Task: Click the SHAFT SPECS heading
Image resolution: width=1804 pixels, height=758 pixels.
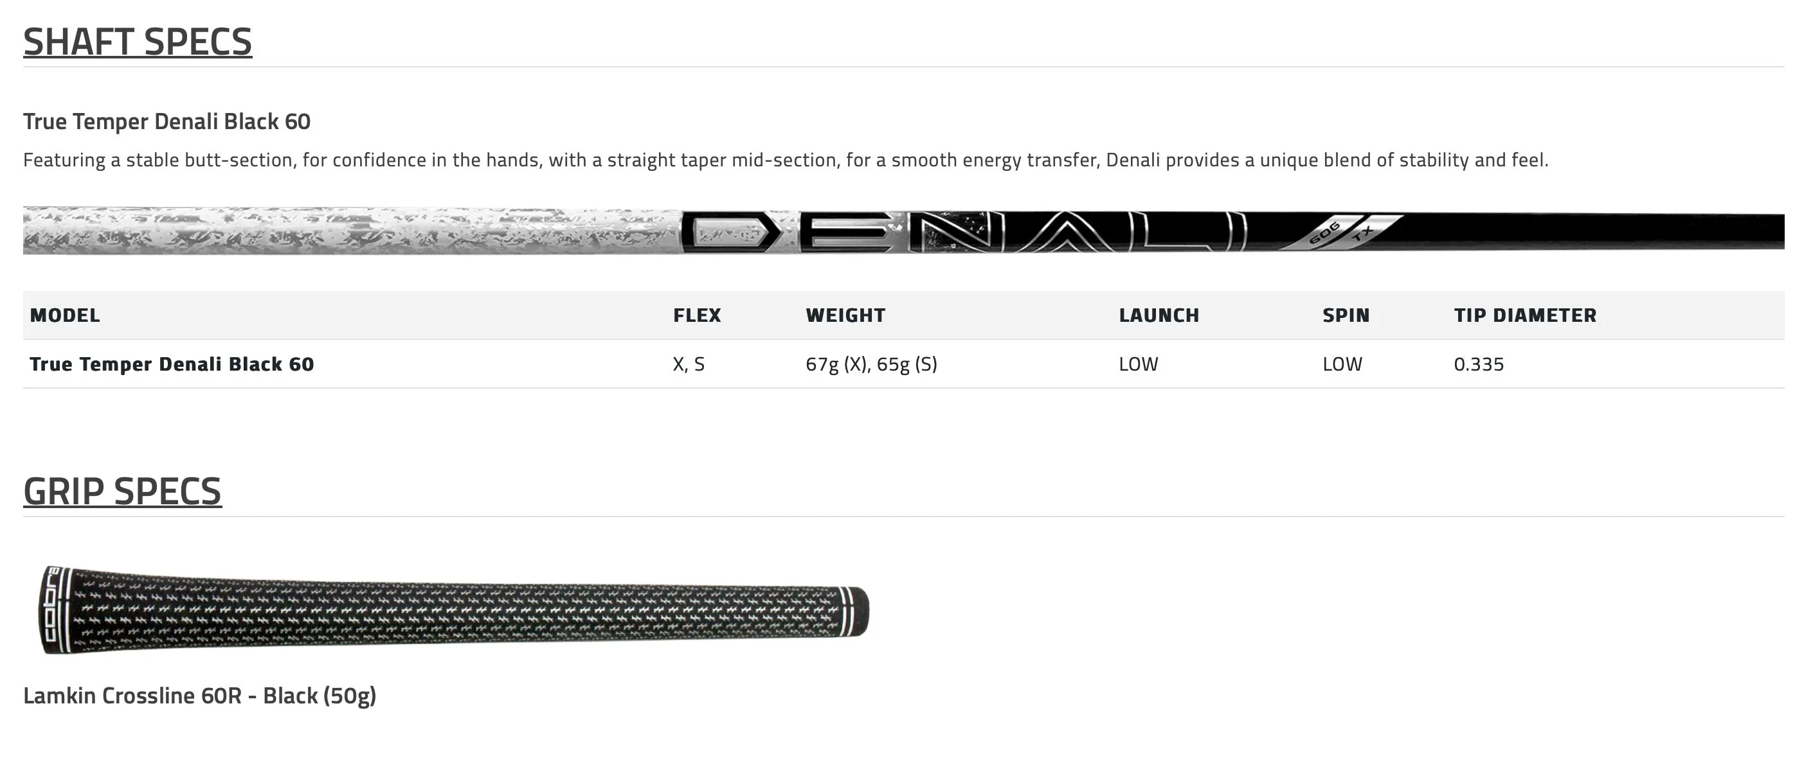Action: click(138, 41)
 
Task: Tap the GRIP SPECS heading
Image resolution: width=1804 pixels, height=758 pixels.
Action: click(123, 491)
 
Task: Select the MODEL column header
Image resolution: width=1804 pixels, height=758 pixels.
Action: click(64, 315)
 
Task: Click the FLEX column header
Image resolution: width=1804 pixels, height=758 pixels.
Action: click(697, 315)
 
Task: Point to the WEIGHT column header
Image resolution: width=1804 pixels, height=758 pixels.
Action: click(845, 315)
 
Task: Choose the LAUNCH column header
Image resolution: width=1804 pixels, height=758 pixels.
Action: click(1159, 315)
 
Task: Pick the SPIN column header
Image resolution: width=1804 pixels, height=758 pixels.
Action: click(1346, 315)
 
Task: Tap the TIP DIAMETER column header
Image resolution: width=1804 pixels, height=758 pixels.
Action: click(1525, 315)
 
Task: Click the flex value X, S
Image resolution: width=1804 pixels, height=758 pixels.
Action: click(689, 364)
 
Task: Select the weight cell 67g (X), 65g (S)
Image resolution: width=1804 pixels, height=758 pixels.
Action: click(871, 364)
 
